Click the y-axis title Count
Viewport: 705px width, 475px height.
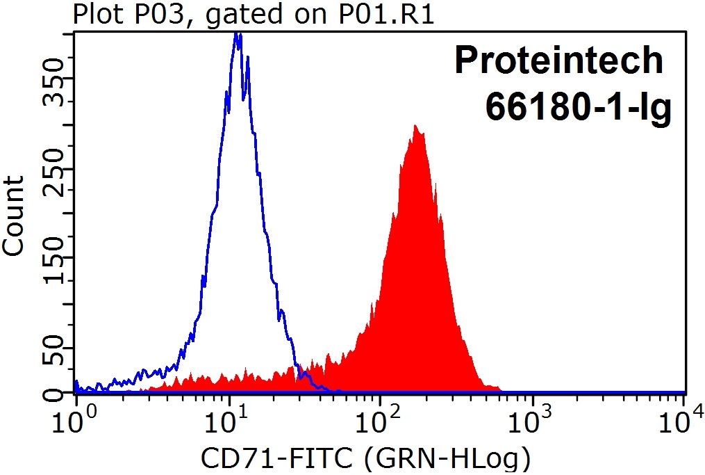[x=14, y=215]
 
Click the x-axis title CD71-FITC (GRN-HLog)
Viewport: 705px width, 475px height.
[x=366, y=459]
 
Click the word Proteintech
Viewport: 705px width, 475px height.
[x=559, y=61]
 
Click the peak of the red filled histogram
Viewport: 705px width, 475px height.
[x=415, y=127]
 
